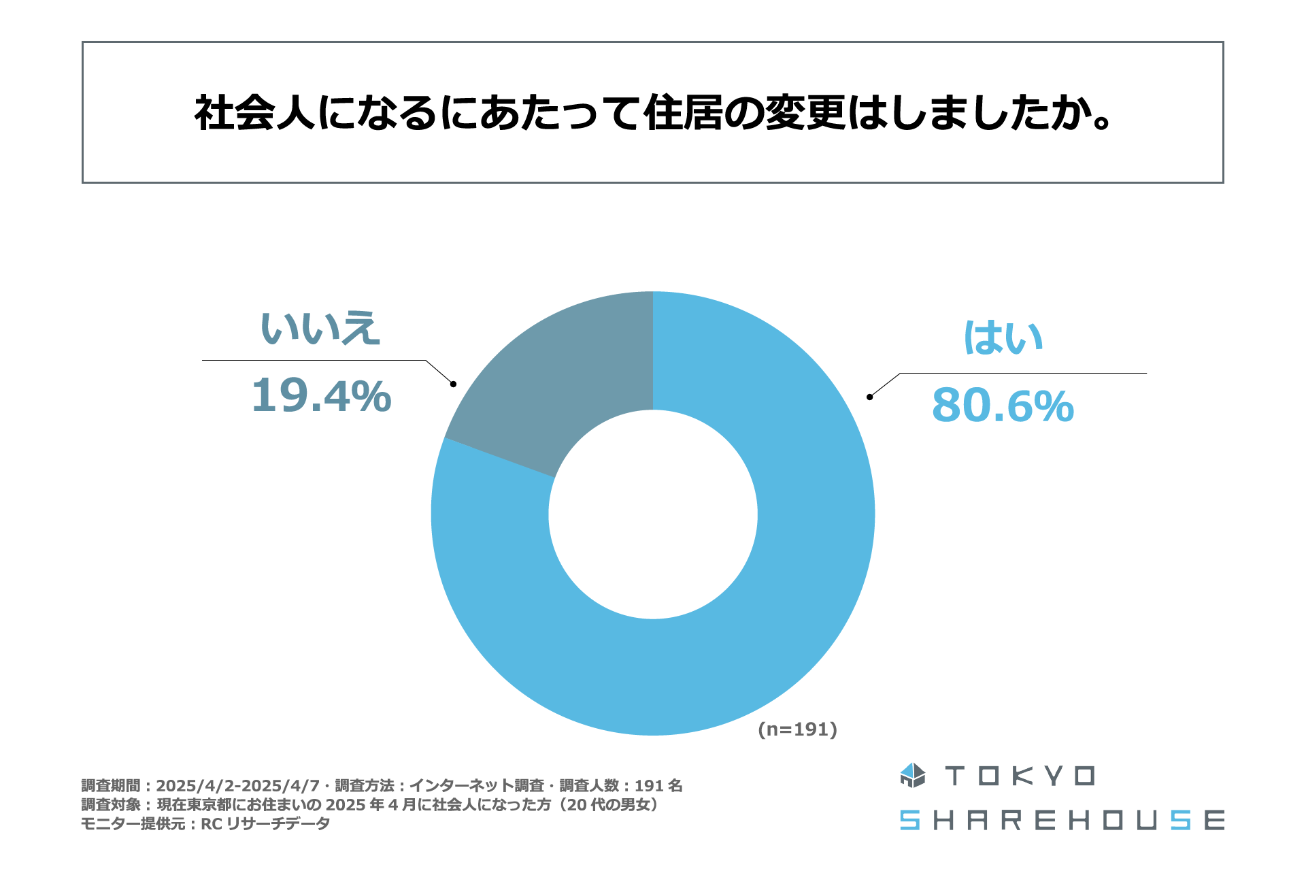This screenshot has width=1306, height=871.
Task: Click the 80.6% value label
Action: pos(1003,406)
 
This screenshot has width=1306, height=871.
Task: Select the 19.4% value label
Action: pos(321,396)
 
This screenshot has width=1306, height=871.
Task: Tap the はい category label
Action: pos(1003,338)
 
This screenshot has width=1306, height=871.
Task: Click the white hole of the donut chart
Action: pos(653,514)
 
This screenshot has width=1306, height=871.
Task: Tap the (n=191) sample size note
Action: pos(797,729)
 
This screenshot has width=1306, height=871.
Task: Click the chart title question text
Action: pos(653,112)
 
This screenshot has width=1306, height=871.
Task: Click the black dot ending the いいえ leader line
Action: pos(453,384)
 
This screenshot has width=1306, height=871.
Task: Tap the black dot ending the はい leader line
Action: pos(869,397)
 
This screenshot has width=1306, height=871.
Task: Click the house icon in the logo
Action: pos(912,775)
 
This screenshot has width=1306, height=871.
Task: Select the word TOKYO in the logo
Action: pos(1020,776)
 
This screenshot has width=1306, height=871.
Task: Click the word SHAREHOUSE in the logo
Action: pos(1062,820)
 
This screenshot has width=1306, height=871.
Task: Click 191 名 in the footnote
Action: pos(658,786)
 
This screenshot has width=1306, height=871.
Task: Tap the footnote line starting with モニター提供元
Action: pos(205,824)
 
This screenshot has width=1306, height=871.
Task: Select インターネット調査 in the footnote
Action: pos(476,786)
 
